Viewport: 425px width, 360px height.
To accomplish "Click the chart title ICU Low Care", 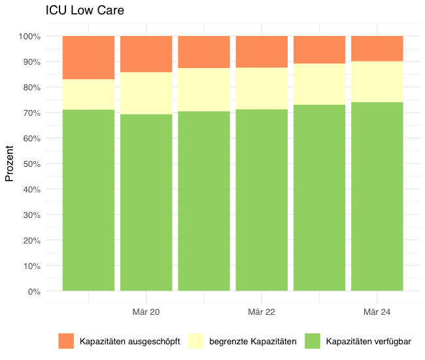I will click(85, 11).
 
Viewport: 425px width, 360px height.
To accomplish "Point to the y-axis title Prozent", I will click(10, 163).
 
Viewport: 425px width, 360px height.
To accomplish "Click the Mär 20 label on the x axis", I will click(146, 312).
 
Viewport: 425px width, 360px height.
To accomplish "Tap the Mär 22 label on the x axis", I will click(262, 312).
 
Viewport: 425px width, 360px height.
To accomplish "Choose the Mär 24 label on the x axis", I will click(377, 312).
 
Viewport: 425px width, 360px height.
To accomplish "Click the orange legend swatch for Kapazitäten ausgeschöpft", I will click(67, 341).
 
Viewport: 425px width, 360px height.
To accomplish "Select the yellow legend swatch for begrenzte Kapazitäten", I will click(196, 341).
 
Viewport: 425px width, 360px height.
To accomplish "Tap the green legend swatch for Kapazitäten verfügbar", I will click(313, 341).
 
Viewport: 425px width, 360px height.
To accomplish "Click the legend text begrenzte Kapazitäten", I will click(253, 342).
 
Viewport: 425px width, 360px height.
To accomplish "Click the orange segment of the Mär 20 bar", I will click(146, 54).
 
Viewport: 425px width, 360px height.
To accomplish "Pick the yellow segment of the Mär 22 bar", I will click(262, 88).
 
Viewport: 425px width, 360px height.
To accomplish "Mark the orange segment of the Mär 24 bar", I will click(377, 48).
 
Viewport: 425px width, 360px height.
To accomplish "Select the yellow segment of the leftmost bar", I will click(88, 94).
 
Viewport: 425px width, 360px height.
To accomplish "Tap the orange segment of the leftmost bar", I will click(88, 58).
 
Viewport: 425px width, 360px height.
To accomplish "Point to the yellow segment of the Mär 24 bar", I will click(377, 82).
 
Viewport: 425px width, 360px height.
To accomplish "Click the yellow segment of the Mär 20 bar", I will click(146, 93).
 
